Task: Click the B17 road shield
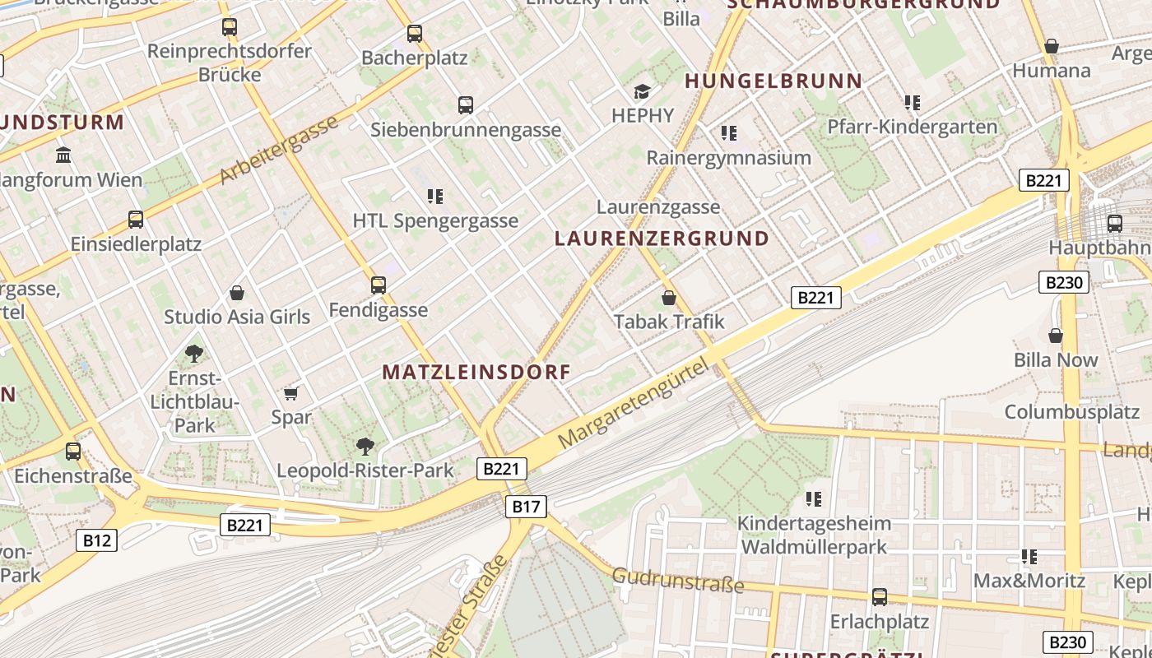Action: (x=525, y=507)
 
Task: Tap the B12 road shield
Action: (x=97, y=540)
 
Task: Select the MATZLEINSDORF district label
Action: (x=476, y=372)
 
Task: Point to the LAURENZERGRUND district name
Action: (x=662, y=239)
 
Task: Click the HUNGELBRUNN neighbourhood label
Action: (x=773, y=81)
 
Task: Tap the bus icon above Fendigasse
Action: (x=379, y=285)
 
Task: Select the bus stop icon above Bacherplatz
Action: (x=415, y=34)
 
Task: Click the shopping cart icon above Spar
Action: (x=290, y=393)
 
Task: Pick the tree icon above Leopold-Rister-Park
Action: (x=365, y=447)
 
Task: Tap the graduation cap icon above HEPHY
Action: (x=642, y=91)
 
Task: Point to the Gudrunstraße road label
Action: (x=678, y=581)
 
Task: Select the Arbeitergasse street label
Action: (x=279, y=150)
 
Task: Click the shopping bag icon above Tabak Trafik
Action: (x=669, y=297)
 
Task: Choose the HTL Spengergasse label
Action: (x=435, y=220)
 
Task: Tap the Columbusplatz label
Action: (x=1071, y=412)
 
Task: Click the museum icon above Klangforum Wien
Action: (x=63, y=155)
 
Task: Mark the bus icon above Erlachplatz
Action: (x=880, y=597)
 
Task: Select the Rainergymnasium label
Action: (x=729, y=157)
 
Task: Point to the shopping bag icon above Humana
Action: (x=1051, y=46)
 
